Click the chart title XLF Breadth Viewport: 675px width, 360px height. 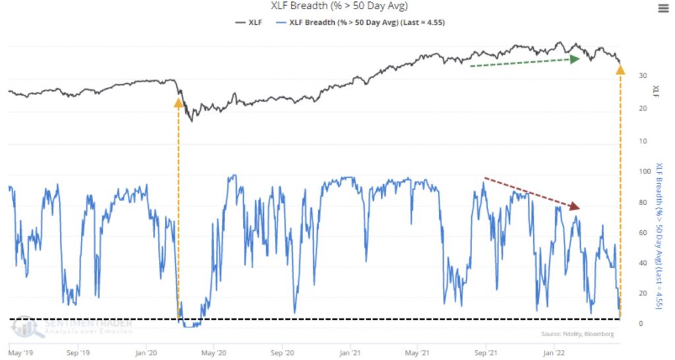(x=337, y=7)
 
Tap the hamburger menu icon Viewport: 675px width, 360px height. (x=662, y=8)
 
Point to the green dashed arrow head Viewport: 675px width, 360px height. (x=575, y=59)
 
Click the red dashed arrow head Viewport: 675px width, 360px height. (x=575, y=207)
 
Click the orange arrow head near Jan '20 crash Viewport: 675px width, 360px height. (x=177, y=102)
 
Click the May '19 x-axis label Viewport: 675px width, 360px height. (x=20, y=353)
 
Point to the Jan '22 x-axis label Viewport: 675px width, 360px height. (x=553, y=353)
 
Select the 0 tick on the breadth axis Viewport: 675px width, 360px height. (x=633, y=323)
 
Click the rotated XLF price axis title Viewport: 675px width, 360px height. (x=655, y=90)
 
